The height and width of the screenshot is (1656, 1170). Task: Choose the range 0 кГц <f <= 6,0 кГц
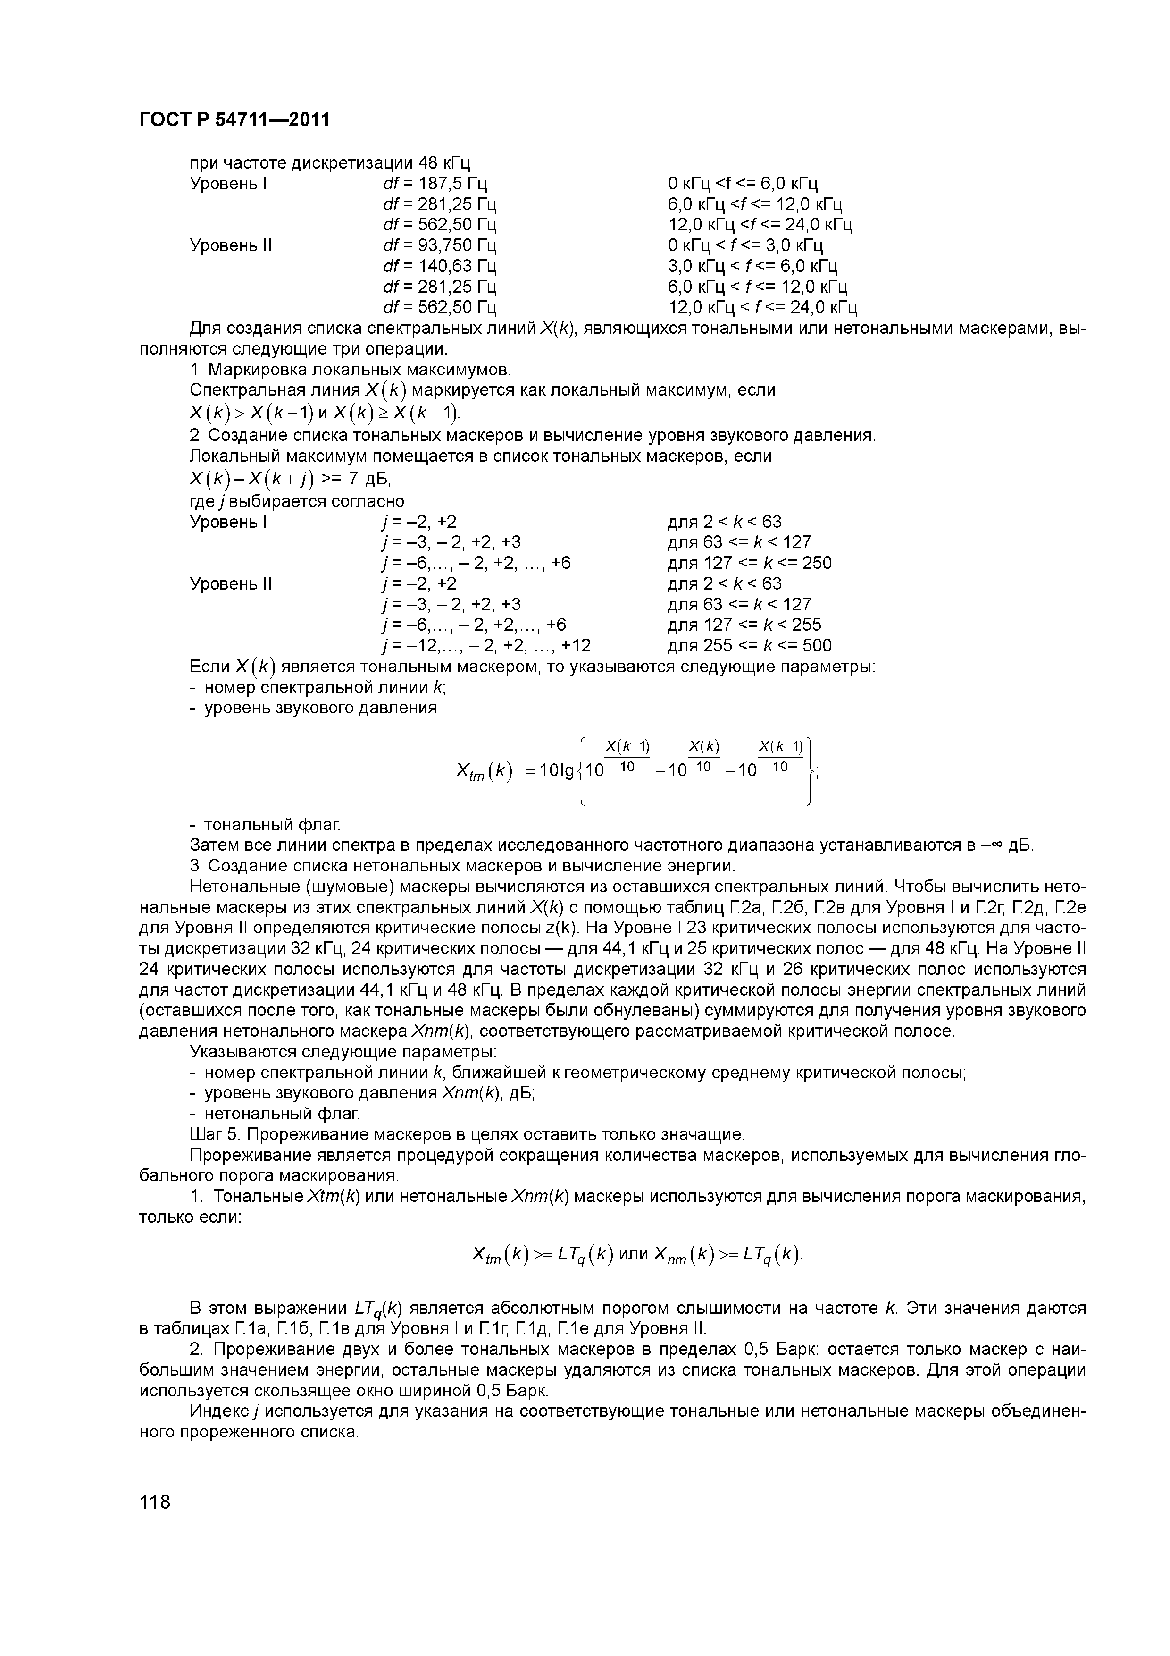743,183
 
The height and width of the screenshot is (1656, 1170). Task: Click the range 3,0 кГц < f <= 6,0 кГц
752,266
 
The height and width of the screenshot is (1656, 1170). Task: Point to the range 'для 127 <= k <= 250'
750,563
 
